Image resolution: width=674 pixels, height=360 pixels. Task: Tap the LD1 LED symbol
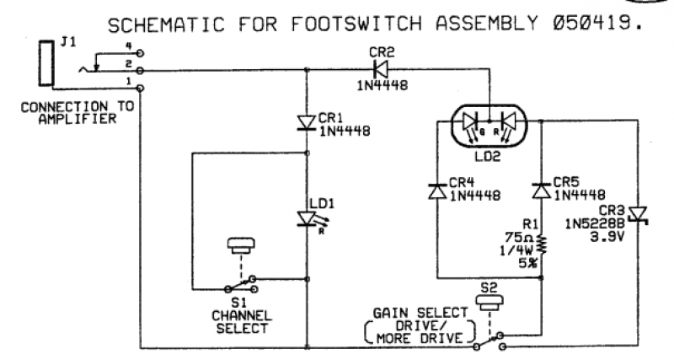[306, 218]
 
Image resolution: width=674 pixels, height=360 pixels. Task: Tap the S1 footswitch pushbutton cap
[242, 246]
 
